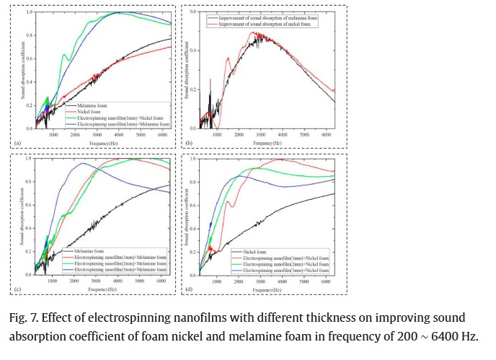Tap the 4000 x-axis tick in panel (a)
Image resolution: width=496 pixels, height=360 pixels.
click(x=118, y=135)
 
